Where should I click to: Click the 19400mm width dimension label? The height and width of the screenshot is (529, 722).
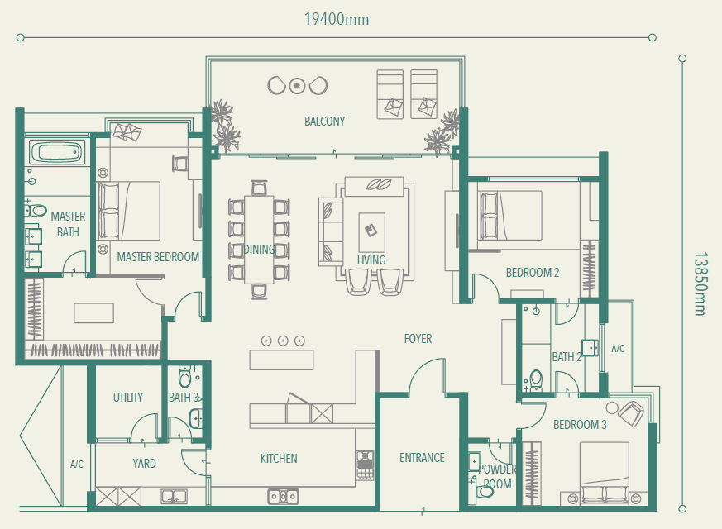coord(337,19)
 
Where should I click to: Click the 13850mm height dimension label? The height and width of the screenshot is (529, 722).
coord(700,284)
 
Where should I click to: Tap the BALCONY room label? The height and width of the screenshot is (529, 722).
coord(325,122)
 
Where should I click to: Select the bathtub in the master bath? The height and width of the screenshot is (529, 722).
coord(58,151)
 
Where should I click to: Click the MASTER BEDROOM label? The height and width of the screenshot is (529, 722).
coord(158,257)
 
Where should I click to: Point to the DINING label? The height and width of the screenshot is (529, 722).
coord(259,250)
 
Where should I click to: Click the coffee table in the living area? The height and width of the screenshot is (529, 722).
coord(372,232)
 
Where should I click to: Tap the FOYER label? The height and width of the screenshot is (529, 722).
coord(418,339)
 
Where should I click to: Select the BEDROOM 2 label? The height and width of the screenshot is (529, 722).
coord(533,273)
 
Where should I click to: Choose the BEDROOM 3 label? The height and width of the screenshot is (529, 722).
coord(581,425)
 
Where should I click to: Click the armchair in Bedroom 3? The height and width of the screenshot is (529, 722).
coord(631,413)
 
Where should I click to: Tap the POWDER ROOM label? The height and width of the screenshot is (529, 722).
coord(497,477)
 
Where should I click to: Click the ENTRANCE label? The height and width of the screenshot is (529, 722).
coord(423,458)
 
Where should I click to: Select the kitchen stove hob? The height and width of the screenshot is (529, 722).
coord(365,465)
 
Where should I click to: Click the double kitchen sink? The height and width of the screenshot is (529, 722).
coord(283,496)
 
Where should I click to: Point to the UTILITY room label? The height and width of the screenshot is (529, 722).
coord(128,398)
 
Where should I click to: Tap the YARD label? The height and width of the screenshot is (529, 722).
coord(144,463)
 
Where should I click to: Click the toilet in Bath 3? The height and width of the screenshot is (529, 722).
coord(184,377)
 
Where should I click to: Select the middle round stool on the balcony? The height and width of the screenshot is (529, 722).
coord(297,86)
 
